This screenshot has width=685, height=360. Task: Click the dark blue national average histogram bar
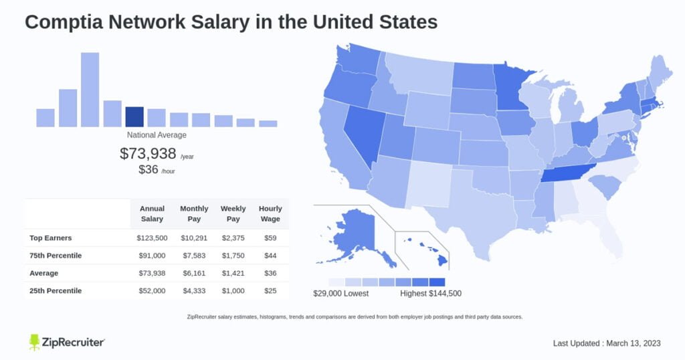[134, 116]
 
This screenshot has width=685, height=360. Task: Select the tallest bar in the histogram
[90, 90]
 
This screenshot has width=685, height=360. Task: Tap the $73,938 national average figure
[148, 153]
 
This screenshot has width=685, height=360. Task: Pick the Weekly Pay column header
[233, 213]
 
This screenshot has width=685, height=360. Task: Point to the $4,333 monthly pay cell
[194, 291]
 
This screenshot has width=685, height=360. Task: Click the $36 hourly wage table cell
[270, 273]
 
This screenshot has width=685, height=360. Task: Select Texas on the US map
[478, 201]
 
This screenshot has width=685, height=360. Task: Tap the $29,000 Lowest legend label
[340, 293]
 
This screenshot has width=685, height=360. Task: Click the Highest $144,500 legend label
[430, 293]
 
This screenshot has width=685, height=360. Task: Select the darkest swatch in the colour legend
[437, 282]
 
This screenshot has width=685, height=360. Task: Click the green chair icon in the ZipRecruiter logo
[35, 343]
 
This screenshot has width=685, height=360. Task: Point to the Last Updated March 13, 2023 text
[607, 343]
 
